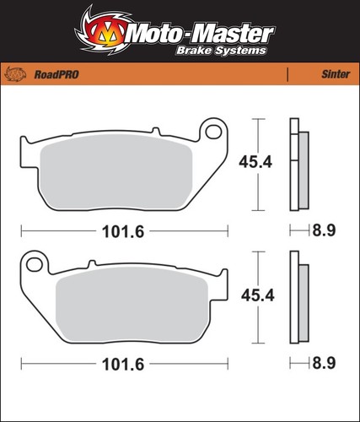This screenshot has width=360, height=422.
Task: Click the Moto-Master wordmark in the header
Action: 201,35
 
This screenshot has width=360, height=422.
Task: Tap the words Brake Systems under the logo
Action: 221,51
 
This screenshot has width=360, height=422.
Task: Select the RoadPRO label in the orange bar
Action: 56,74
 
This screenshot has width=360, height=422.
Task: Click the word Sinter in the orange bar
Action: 336,74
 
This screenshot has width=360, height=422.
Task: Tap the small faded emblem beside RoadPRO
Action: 16,74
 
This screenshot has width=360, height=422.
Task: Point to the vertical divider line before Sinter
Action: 287,74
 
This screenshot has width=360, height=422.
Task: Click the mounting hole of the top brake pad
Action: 213,132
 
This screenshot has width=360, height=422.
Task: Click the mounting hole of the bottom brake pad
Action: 35,264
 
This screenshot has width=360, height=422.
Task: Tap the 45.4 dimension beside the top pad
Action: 255,162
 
